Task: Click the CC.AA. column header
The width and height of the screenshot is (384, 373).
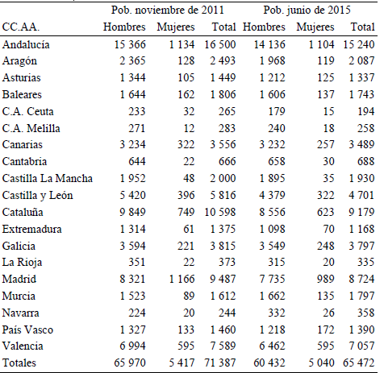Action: pos(22,27)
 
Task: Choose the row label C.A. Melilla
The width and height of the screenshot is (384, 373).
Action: pos(30,128)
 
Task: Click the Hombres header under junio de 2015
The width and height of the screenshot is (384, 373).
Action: pos(263,27)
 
